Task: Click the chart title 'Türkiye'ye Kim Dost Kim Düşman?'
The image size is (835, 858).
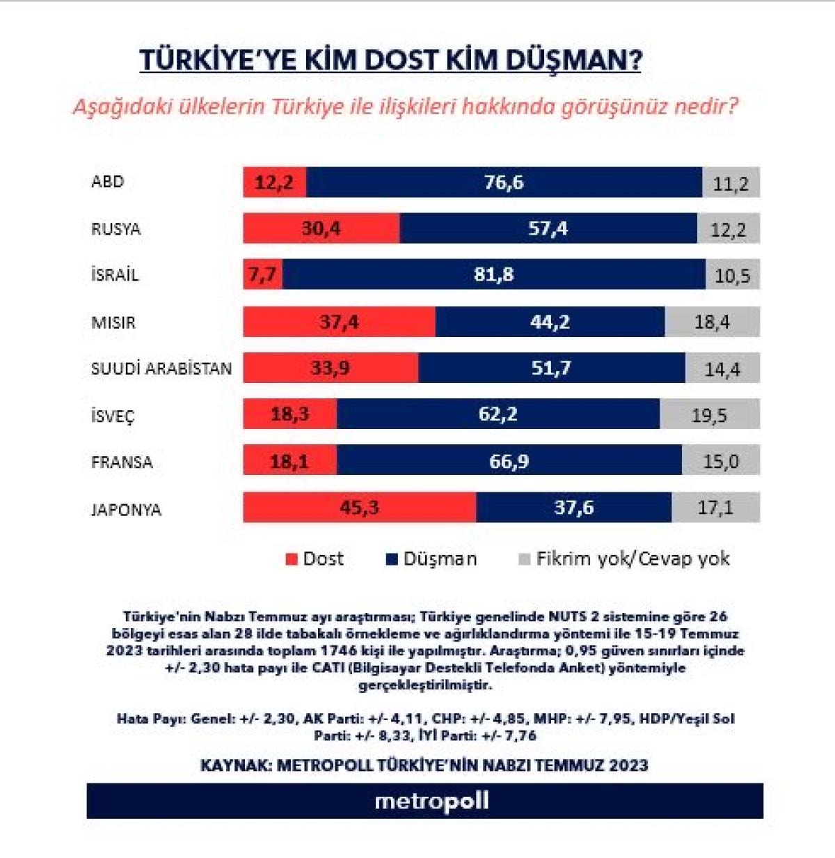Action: [x=390, y=61]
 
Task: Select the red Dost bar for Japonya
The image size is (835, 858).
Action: [x=359, y=507]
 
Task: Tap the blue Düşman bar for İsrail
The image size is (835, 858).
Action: [x=493, y=274]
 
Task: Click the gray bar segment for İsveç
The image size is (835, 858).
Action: [x=709, y=415]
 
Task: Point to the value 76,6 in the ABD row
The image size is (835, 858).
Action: [x=504, y=182]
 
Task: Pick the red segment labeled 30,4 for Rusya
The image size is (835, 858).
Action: [x=321, y=228]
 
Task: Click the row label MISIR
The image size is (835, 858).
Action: [x=113, y=322]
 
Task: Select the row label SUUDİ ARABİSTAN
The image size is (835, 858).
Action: [x=161, y=368]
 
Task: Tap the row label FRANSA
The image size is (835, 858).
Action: [x=122, y=462]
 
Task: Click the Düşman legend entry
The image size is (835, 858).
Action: [x=431, y=559]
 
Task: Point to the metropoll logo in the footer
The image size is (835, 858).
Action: [x=431, y=801]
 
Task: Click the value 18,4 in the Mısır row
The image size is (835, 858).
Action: [x=712, y=322]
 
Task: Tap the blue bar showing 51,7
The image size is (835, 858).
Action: [x=551, y=368]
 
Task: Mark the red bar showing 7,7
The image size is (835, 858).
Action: [x=262, y=274]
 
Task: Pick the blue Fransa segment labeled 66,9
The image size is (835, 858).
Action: [x=509, y=461]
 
